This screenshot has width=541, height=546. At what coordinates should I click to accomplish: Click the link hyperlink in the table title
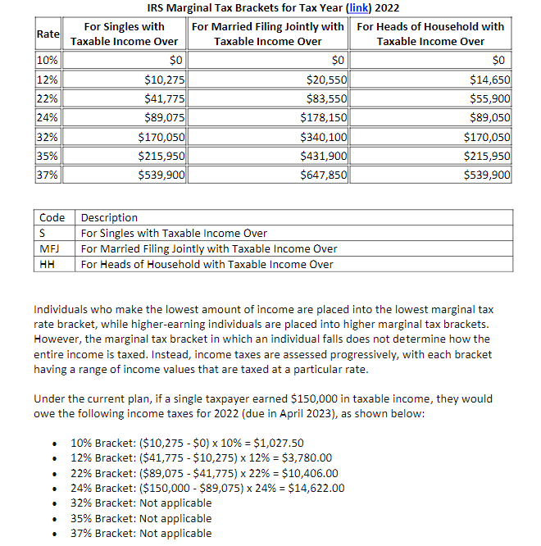pyautogui.click(x=359, y=8)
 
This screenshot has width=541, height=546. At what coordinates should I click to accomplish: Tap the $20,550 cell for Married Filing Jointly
pyautogui.click(x=326, y=80)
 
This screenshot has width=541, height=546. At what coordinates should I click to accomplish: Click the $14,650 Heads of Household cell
pyautogui.click(x=490, y=80)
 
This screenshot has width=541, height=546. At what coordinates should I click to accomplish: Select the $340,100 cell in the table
pyautogui.click(x=324, y=137)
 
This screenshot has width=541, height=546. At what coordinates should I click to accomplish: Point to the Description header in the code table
pyautogui.click(x=109, y=218)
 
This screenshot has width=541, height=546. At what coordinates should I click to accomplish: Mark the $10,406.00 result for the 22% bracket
pyautogui.click(x=310, y=473)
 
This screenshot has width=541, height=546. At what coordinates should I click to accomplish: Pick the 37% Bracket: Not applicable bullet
pyautogui.click(x=141, y=533)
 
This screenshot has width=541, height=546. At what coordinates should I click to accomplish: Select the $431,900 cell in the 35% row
pyautogui.click(x=324, y=156)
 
